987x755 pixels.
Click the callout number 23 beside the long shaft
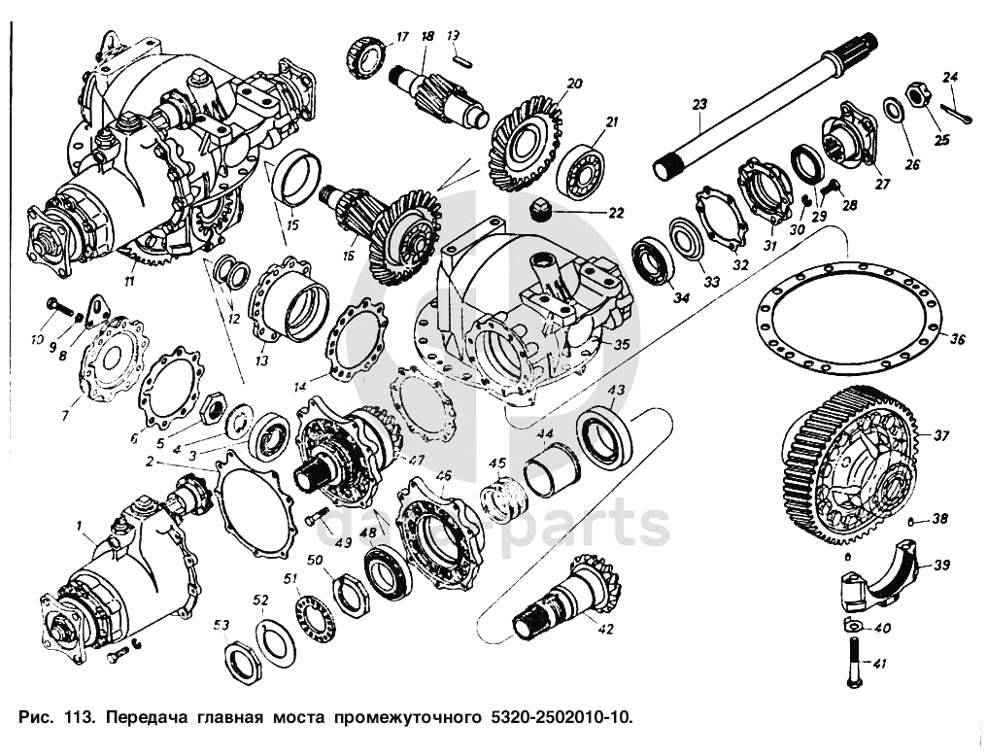698,103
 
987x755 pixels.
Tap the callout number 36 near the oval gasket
957,339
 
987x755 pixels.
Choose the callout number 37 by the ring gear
941,434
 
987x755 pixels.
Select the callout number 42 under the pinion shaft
604,629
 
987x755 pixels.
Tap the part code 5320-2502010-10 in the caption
554,719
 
